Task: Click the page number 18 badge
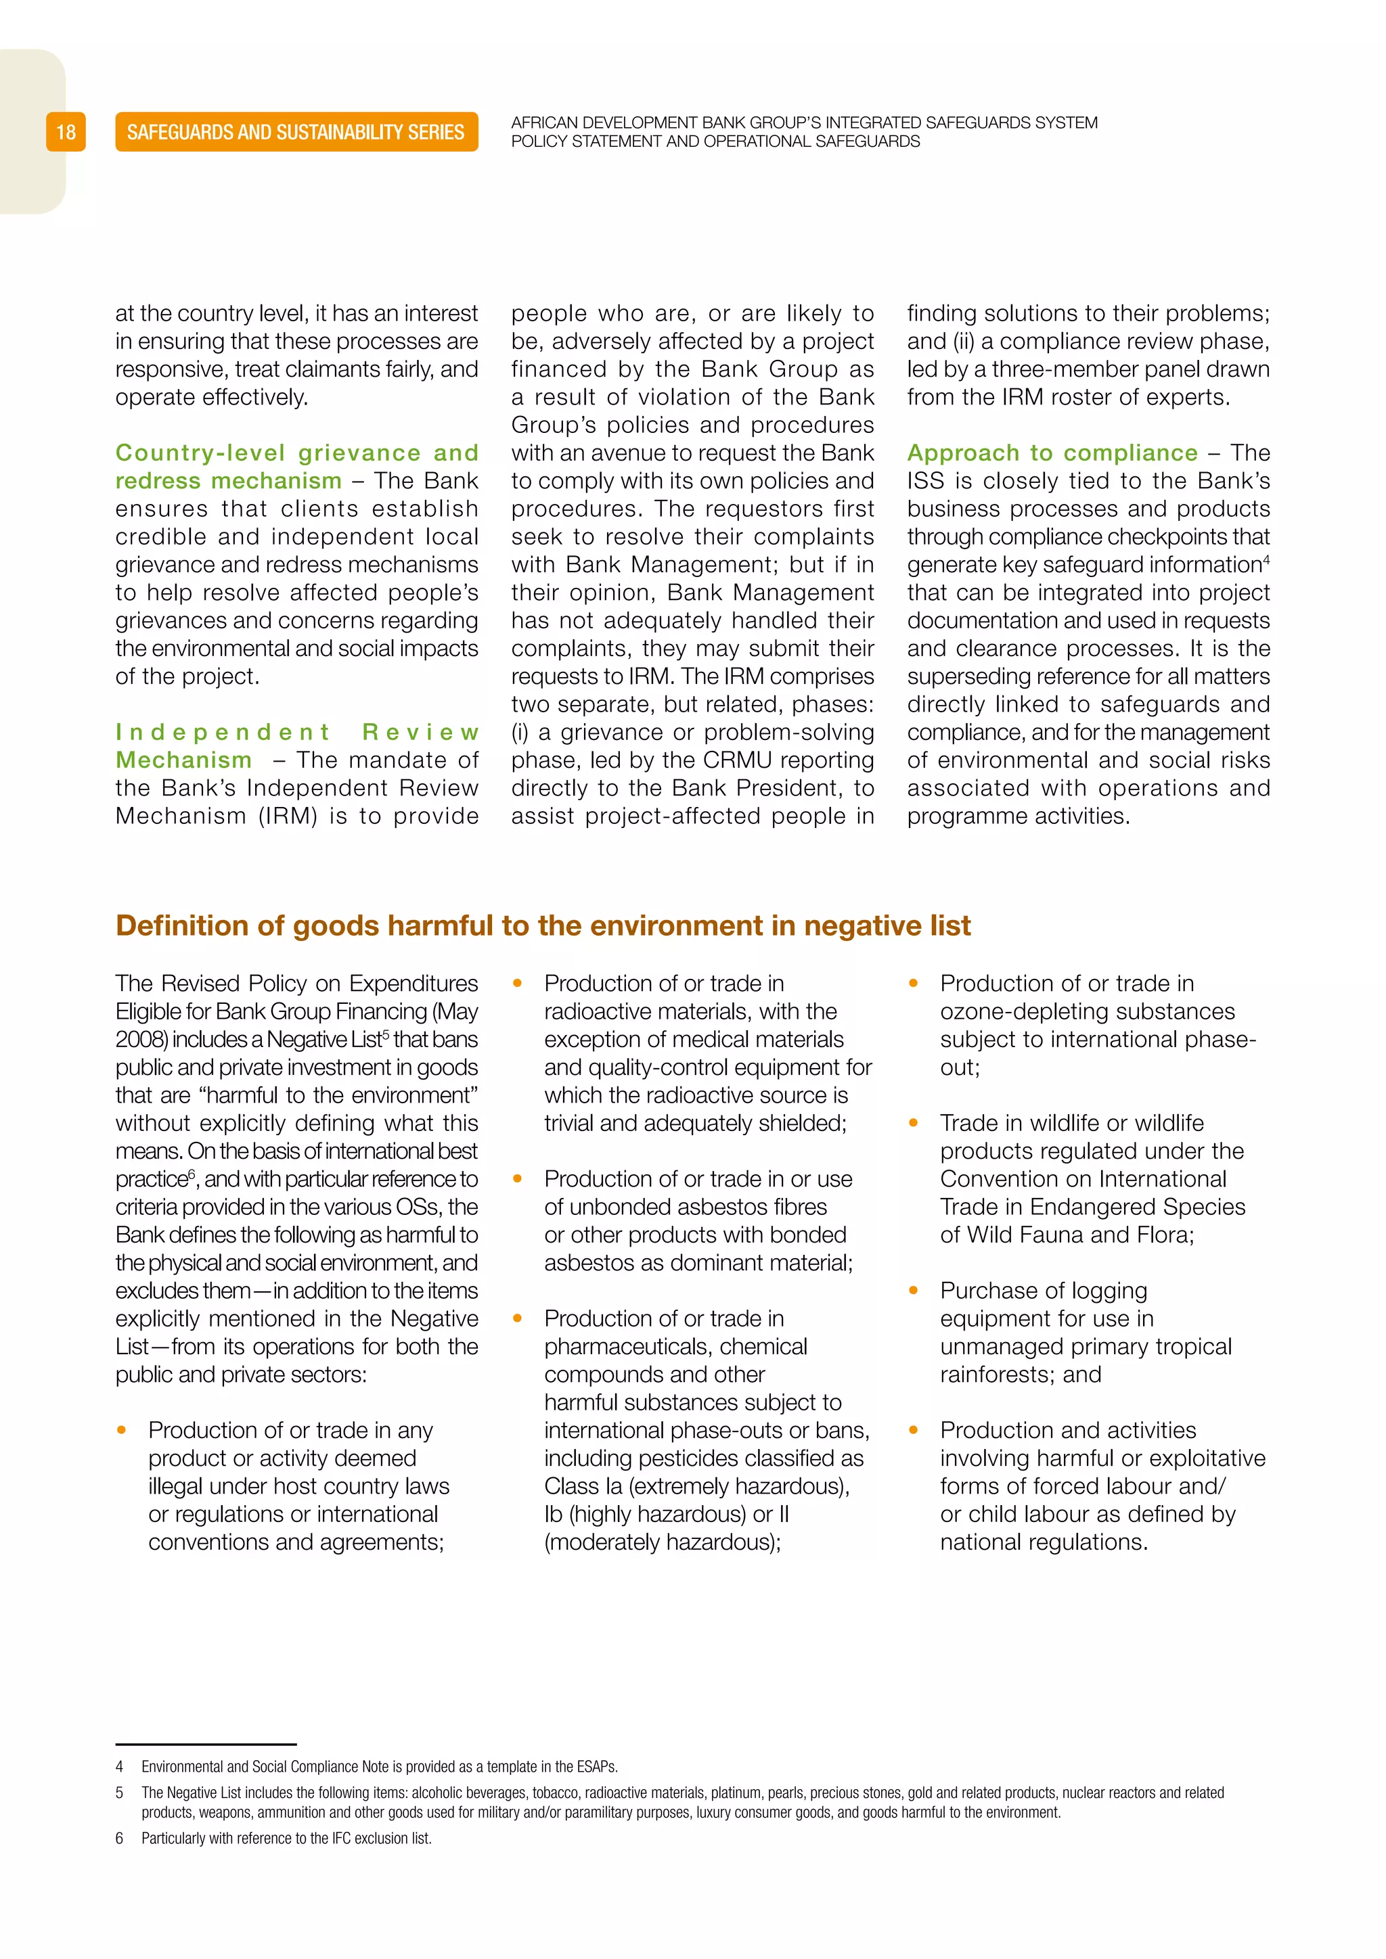(x=66, y=133)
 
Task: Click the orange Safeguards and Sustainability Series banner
(x=296, y=133)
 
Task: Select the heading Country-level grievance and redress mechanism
(x=296, y=466)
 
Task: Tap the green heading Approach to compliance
(x=1052, y=453)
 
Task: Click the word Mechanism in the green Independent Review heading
(x=183, y=760)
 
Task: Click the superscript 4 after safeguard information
(x=1266, y=559)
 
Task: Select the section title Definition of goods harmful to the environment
(x=543, y=926)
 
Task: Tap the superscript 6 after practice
(x=192, y=1174)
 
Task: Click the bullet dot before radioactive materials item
(x=517, y=984)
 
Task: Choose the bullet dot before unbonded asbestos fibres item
(x=517, y=1179)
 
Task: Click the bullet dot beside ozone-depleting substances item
(x=913, y=984)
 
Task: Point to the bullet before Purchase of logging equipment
(x=913, y=1291)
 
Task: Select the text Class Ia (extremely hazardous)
(x=696, y=1486)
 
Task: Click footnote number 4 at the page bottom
(x=120, y=1767)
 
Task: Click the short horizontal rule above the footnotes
(x=206, y=1744)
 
